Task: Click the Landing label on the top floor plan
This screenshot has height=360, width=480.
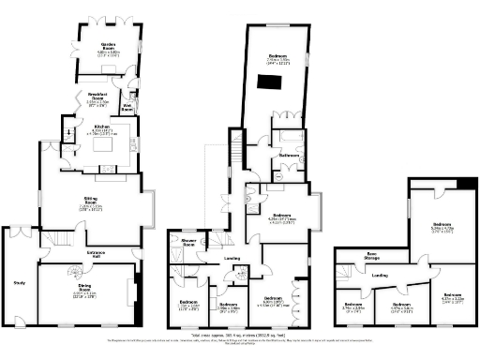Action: click(x=380, y=275)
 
